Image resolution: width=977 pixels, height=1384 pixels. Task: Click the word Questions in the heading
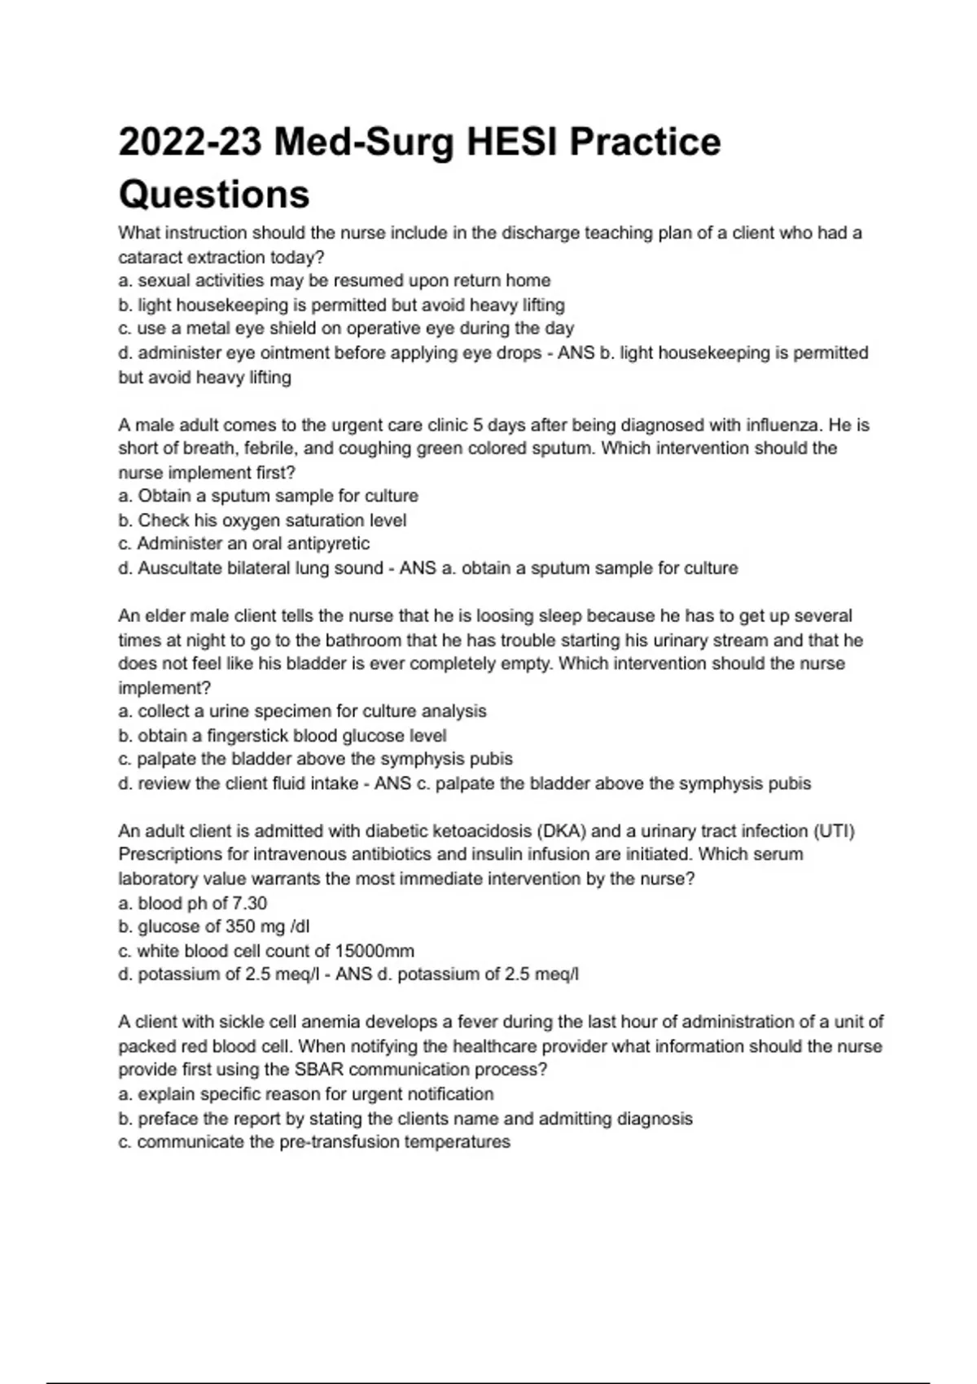pos(214,195)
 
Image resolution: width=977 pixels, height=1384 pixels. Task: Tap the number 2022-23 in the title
pos(190,142)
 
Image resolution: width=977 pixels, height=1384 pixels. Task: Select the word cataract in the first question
pos(151,257)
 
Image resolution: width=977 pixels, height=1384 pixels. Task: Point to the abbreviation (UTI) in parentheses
pos(834,831)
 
